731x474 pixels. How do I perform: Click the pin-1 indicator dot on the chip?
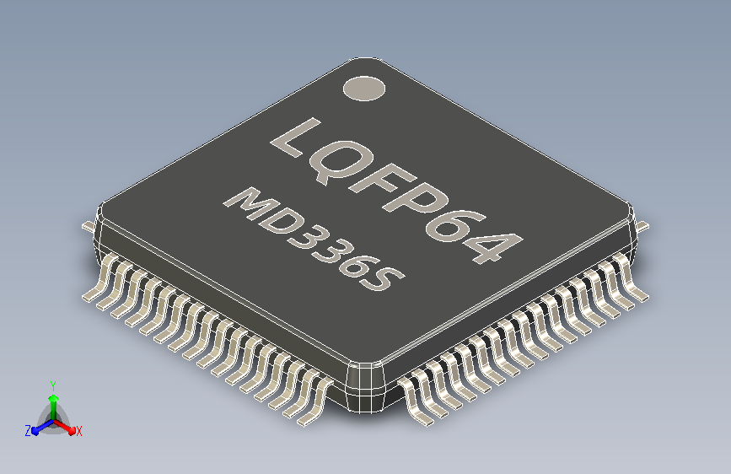point(364,89)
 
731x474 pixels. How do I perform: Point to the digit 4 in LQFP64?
point(496,246)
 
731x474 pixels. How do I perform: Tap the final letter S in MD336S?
point(384,279)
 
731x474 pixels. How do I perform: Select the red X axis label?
point(78,431)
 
